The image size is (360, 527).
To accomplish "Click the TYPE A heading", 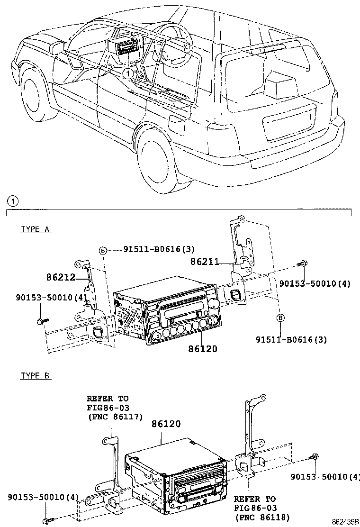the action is tap(35, 229).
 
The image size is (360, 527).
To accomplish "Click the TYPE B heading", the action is tap(35, 375).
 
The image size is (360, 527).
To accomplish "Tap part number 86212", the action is tap(61, 277).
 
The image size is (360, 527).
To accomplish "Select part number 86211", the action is tap(205, 261).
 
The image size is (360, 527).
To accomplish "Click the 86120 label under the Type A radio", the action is tap(203, 348).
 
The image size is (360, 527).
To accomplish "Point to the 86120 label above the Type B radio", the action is tap(166, 424).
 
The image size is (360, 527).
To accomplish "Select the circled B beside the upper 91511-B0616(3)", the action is tap(103, 250).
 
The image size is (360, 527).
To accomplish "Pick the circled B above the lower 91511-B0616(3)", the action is tap(280, 318).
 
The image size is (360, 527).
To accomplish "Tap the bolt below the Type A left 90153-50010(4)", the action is tap(42, 321).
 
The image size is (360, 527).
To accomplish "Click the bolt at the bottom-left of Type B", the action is tap(48, 521).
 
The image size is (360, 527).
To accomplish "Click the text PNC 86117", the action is tap(116, 417).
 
